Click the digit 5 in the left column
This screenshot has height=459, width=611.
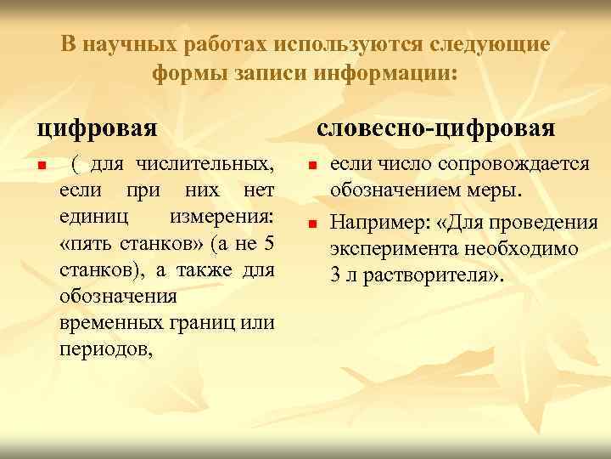coord(268,244)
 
